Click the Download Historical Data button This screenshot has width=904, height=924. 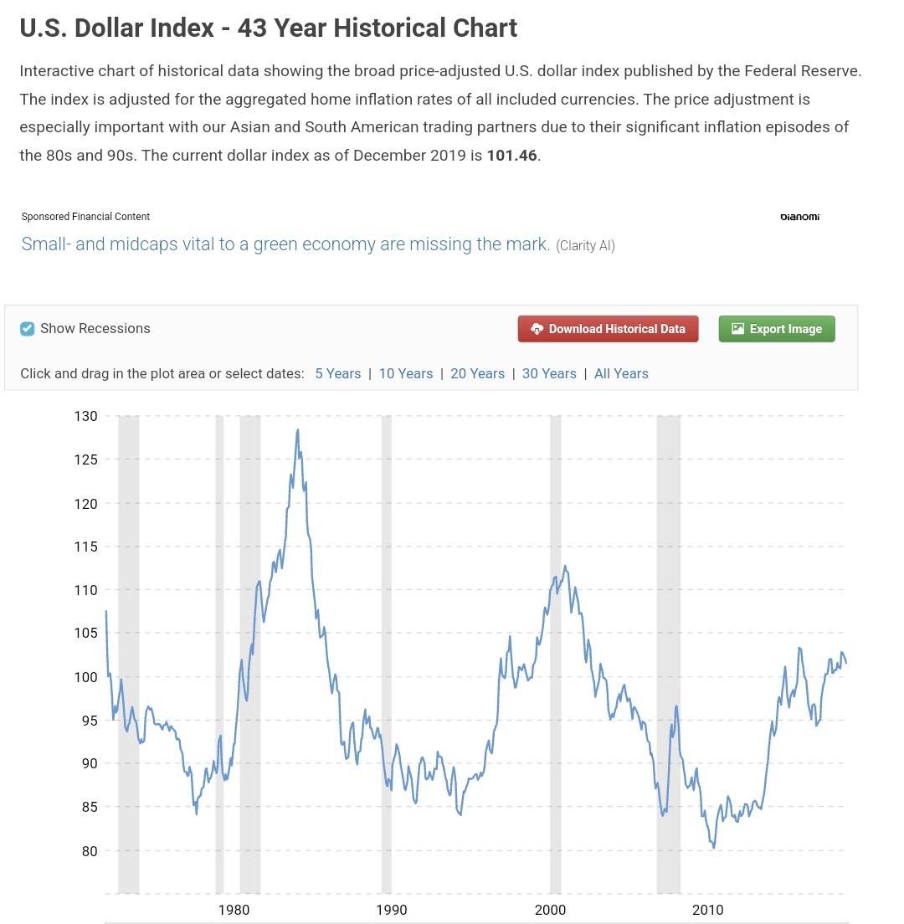[608, 329]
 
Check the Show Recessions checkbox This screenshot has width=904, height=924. [28, 329]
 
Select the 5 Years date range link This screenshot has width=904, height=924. [337, 373]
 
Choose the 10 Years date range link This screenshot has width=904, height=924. [406, 373]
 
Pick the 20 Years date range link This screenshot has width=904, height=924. [477, 373]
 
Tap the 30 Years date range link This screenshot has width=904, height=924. [549, 373]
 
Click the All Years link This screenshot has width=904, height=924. [621, 373]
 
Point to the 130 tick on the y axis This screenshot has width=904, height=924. [85, 416]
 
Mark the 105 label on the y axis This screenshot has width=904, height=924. [85, 633]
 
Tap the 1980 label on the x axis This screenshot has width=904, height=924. [232, 910]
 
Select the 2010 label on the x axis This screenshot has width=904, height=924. [708, 910]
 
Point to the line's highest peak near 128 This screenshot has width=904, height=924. [298, 430]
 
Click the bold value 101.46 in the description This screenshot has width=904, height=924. [512, 156]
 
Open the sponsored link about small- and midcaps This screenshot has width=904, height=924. [285, 244]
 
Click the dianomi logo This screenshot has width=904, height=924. [799, 217]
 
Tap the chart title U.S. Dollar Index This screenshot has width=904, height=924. [268, 28]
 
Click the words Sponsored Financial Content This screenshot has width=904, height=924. [85, 217]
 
